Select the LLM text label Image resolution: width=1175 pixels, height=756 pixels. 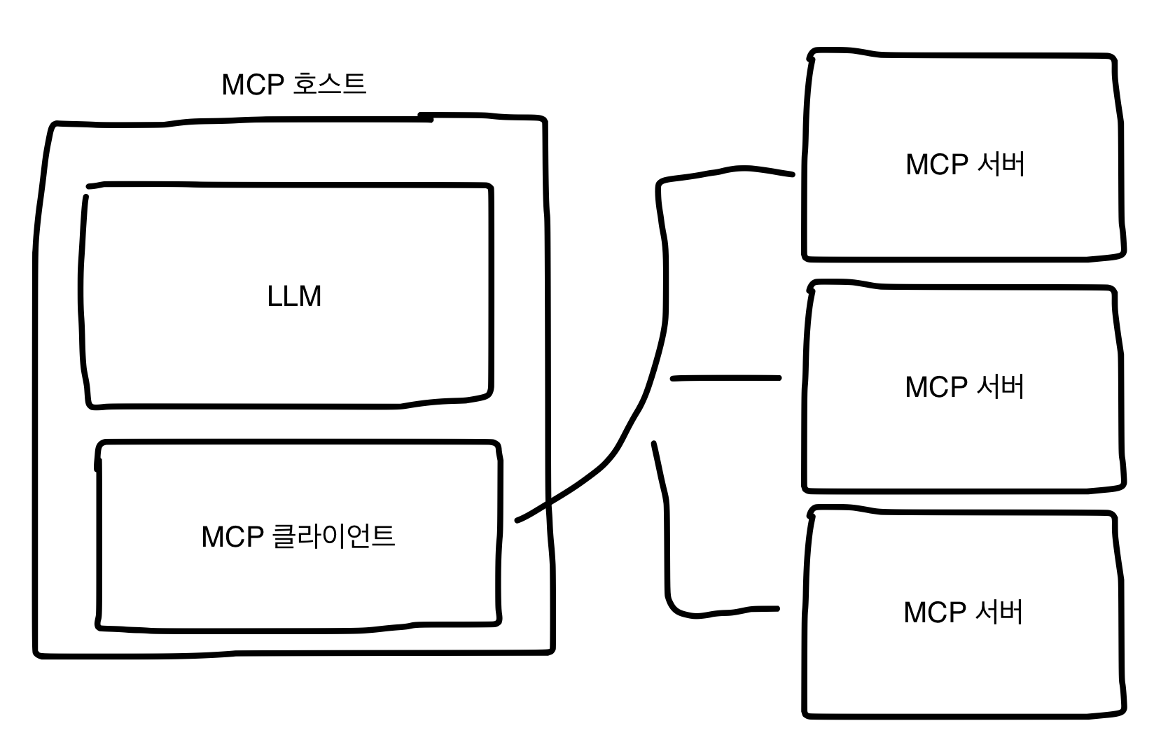pyautogui.click(x=294, y=296)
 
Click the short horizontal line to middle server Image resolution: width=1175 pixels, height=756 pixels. pyautogui.click(x=725, y=378)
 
